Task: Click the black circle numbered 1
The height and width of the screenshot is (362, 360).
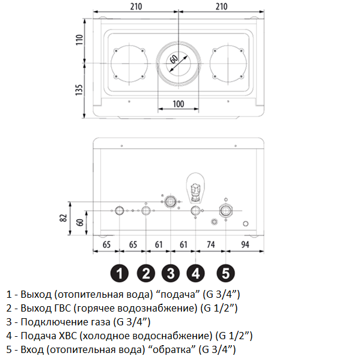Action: point(120,273)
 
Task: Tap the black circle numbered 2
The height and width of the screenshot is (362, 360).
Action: point(146,273)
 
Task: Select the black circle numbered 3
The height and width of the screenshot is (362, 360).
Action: point(171,273)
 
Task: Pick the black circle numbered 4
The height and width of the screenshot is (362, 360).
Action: point(195,273)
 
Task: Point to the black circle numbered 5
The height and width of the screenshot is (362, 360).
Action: point(225,273)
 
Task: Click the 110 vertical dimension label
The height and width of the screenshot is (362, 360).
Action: point(79,40)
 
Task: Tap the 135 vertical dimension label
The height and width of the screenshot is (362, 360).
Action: point(79,90)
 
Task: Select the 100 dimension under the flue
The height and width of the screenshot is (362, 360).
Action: point(178,104)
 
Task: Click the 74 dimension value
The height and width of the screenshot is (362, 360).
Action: point(211,244)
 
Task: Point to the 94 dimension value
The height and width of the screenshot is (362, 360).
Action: point(245,244)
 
